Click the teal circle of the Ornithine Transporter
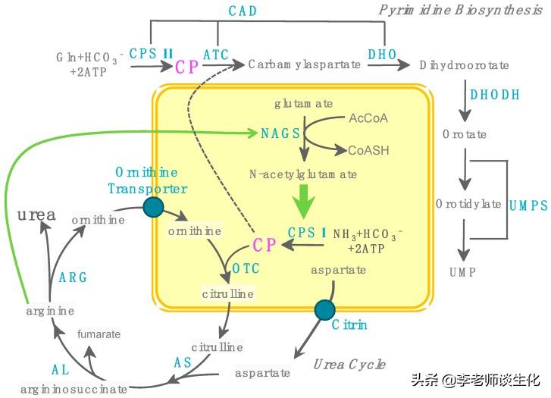(154, 207)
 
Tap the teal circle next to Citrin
(324, 309)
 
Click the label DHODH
(495, 95)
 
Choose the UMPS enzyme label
(528, 205)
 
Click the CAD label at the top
(243, 11)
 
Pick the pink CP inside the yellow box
(264, 244)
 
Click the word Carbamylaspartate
(304, 65)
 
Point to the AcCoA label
(368, 118)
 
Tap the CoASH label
(368, 150)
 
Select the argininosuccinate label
(74, 389)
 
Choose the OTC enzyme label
(246, 269)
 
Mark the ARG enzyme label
(73, 277)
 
